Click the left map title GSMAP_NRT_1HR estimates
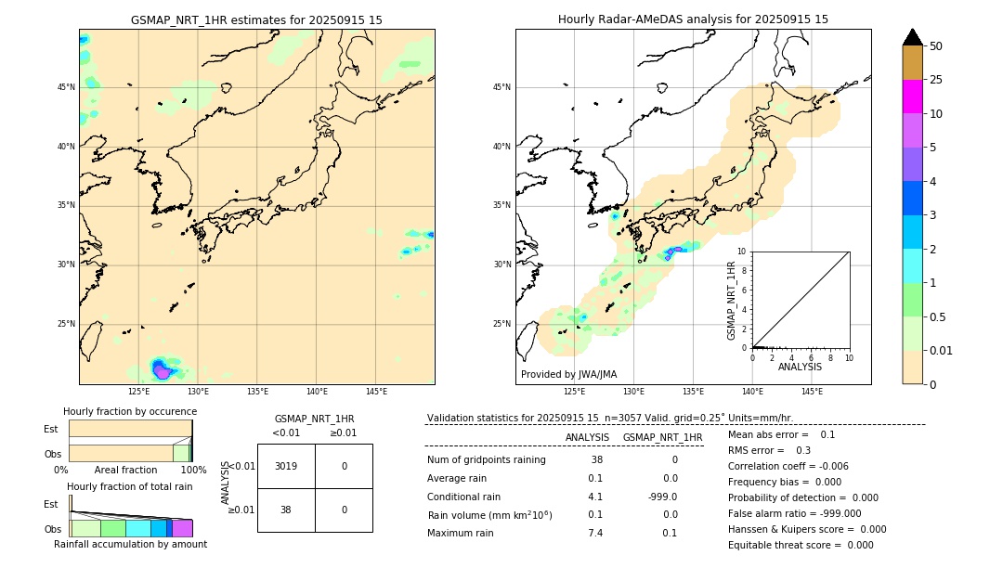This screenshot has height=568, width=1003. [256, 19]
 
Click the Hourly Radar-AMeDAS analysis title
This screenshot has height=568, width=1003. [693, 19]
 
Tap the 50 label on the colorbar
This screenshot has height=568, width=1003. [936, 46]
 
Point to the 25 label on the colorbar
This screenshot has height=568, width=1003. [936, 80]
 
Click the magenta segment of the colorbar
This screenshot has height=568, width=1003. [912, 97]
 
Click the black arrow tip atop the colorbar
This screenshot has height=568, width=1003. [913, 36]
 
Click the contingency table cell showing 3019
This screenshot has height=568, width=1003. [286, 466]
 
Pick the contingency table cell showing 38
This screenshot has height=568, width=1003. [286, 510]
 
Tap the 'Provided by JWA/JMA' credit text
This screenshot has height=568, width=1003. [568, 375]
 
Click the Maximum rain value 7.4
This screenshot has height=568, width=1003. [595, 533]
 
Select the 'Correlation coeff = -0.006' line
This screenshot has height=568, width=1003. [788, 467]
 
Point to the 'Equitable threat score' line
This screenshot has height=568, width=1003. [801, 546]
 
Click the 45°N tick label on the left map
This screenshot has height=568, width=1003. [66, 87]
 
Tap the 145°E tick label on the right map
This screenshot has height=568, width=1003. [812, 392]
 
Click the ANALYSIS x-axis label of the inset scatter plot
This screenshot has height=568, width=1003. [800, 368]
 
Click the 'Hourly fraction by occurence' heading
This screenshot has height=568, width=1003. [130, 412]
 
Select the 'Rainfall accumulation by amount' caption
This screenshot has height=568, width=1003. [130, 545]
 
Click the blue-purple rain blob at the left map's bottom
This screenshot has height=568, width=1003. [162, 369]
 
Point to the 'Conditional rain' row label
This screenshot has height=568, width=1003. [463, 497]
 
